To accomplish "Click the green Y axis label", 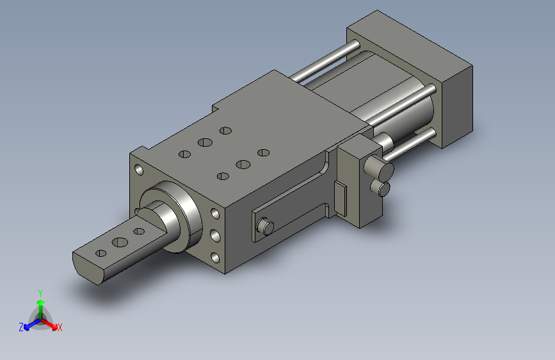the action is (x=40, y=293).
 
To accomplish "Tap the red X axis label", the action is (x=60, y=327).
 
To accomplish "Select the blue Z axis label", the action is (x=21, y=327).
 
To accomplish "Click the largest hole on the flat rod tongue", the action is (x=120, y=242).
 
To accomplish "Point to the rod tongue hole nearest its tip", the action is (x=101, y=254).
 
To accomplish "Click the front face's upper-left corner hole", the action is (x=139, y=170).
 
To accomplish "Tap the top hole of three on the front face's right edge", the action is (x=215, y=213).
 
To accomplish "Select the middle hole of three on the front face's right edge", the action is (x=215, y=235).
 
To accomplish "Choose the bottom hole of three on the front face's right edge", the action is (x=215, y=258).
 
